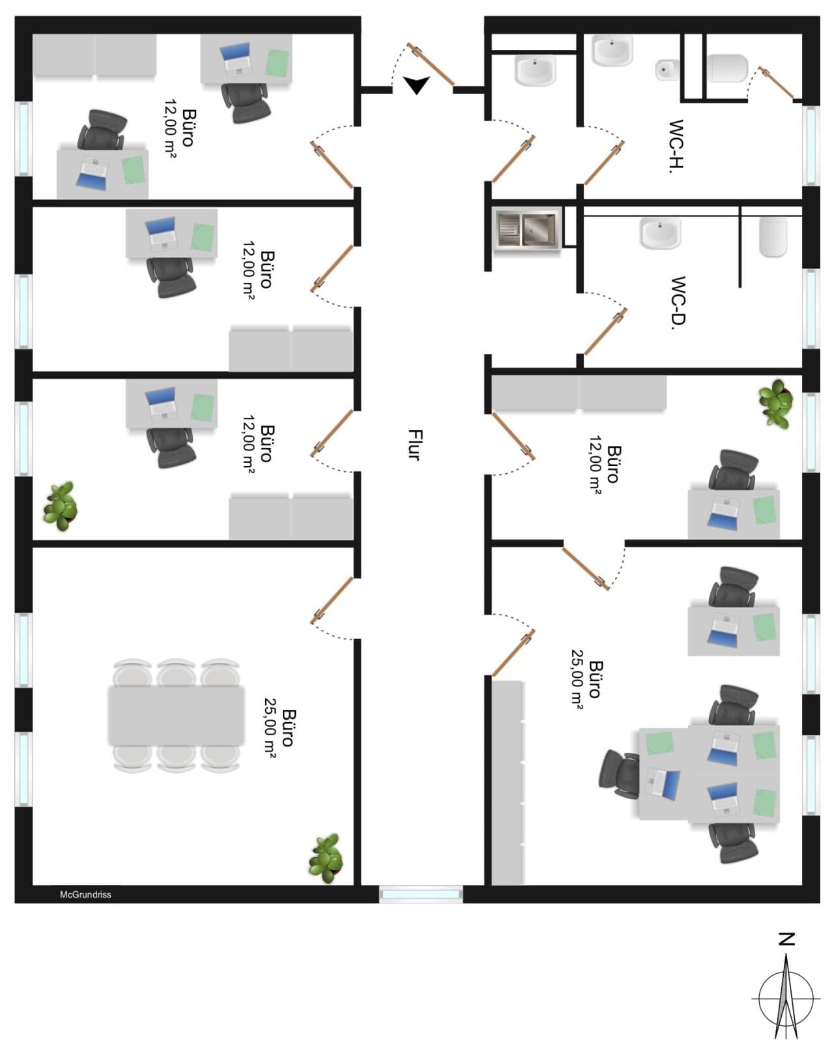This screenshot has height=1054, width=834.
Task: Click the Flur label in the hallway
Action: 415,445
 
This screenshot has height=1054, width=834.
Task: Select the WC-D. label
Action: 678,302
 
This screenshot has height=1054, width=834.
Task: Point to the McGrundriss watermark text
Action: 86,894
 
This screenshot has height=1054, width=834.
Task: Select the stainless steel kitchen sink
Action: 527,229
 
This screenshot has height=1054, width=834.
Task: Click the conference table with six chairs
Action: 176,716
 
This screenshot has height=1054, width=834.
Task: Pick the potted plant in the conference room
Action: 326,858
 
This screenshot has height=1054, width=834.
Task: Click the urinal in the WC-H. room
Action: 667,70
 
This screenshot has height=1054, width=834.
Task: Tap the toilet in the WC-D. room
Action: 773,237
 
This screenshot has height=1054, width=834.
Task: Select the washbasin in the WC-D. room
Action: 660,233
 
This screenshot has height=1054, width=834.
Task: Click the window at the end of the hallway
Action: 421,894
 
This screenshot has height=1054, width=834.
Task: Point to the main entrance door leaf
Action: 431,65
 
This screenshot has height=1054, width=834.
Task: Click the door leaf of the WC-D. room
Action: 606,331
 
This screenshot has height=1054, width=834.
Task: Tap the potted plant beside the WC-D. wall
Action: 775,403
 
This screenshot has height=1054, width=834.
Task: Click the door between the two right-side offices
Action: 586,568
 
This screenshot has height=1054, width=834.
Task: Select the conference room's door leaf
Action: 332,600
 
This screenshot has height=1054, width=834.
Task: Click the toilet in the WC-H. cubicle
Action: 727,68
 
